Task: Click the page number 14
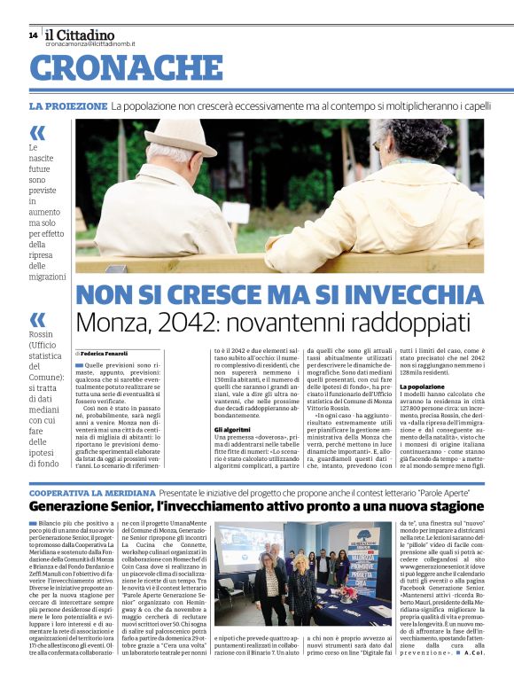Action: tap(33, 35)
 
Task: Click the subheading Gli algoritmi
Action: tap(231, 429)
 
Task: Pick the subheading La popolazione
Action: tap(422, 386)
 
